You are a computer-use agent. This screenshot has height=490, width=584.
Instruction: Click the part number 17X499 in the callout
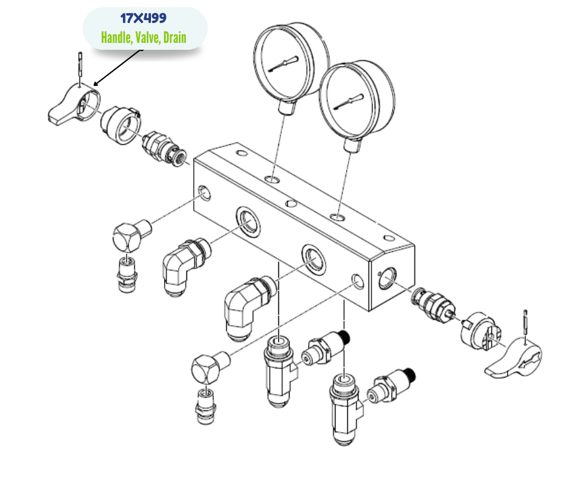coord(144,18)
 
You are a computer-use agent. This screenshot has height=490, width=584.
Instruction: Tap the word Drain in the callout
coord(175,37)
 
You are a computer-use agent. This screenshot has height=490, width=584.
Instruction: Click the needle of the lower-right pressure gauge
coord(349,101)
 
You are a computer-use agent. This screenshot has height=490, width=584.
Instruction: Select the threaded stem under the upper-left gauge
coord(287,107)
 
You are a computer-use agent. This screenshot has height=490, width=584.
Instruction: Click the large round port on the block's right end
coord(387,278)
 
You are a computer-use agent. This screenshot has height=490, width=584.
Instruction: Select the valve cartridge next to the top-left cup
coord(164,149)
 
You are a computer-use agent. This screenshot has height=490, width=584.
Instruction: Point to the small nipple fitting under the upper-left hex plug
coord(127,274)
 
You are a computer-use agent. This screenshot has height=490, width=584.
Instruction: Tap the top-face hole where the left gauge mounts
coord(272,180)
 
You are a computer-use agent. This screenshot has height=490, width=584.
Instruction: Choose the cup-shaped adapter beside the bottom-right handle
coord(480,330)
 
